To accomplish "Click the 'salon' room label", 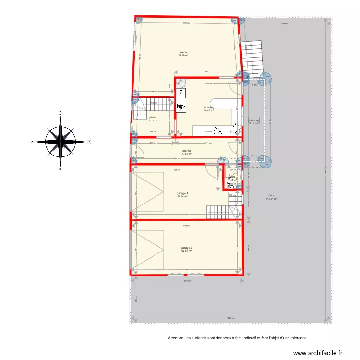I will (x=183, y=53).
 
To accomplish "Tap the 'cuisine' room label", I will (x=208, y=108).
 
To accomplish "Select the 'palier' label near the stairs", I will (x=153, y=117).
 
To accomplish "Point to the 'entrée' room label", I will (x=187, y=151).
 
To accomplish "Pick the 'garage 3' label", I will (x=187, y=248).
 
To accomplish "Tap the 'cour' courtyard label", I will (x=272, y=195).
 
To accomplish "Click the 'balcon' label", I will (x=254, y=120).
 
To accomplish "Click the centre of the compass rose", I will (x=60, y=142).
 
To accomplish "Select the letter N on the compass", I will (x=89, y=142).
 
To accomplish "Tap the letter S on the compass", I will (x=32, y=142).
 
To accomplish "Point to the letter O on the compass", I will (x=60, y=113).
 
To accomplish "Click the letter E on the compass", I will (x=60, y=169).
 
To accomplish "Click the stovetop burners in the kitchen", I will (x=217, y=130).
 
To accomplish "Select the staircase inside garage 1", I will (x=222, y=212).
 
